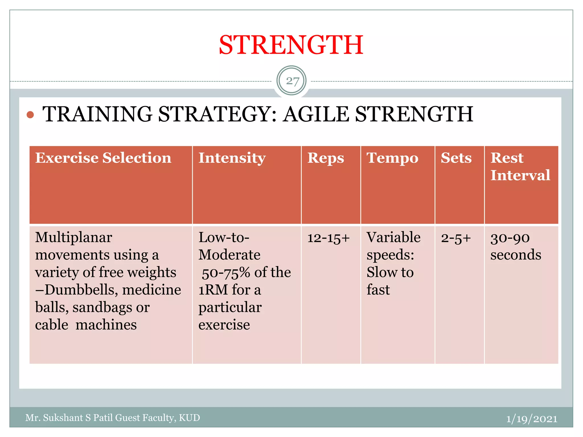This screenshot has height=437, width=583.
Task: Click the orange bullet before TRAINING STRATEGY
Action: click(x=30, y=115)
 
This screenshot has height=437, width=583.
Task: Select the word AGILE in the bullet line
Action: click(x=316, y=114)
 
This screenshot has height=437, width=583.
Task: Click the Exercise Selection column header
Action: click(x=103, y=158)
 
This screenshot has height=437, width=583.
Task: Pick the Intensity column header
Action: click(x=232, y=158)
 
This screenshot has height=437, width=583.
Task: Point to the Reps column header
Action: click(x=325, y=158)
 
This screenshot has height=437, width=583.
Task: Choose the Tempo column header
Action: click(x=392, y=158)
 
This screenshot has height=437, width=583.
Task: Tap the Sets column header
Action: click(x=456, y=158)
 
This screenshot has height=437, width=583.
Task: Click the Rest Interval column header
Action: click(x=520, y=166)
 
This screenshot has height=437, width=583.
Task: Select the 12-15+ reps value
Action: click(x=328, y=238)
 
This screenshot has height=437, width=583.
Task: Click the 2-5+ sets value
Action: click(x=456, y=238)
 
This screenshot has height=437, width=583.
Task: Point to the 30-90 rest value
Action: click(x=510, y=238)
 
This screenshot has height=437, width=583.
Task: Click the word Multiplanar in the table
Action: click(x=73, y=237)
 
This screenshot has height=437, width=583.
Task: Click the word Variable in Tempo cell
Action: click(x=393, y=237)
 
